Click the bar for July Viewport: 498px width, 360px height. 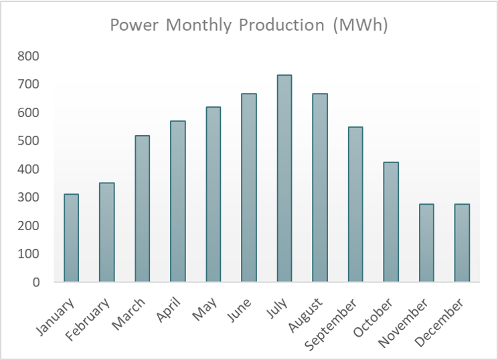tap(284, 179)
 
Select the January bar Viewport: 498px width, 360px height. tap(71, 238)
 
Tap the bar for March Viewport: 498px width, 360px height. tap(143, 209)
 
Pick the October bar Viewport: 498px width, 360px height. tap(391, 222)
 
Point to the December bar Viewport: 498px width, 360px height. tap(462, 243)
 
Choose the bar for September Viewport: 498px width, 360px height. tap(355, 205)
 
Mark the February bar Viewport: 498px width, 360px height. tap(106, 232)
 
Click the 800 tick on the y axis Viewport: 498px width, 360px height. tap(28, 56)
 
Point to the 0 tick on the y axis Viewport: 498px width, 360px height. tap(36, 282)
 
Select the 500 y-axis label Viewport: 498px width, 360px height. tap(28, 141)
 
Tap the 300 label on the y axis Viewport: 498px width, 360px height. tap(28, 197)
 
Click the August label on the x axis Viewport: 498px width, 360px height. tap(305, 315)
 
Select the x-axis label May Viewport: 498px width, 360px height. tap(205, 308)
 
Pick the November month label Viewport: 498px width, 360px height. tap(403, 323)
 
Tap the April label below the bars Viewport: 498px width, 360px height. tap(168, 310)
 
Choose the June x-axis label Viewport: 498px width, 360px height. tap(240, 310)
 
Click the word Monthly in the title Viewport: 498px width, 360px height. tap(199, 25)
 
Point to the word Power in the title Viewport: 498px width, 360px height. tap(134, 25)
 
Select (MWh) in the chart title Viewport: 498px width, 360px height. tap(361, 25)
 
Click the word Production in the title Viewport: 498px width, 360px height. tap(281, 25)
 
